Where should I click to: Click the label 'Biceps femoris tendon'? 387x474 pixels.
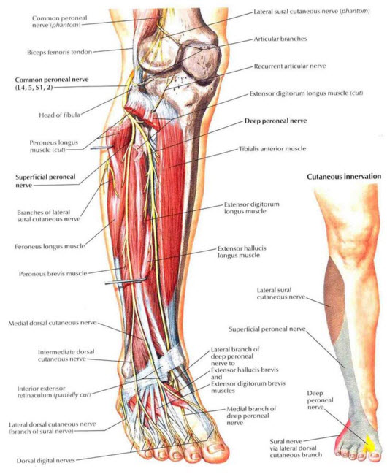pyautogui.click(x=60, y=52)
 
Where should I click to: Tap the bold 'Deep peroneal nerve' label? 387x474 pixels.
pyautogui.click(x=275, y=121)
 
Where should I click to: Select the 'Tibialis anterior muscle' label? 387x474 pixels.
pyautogui.click(x=272, y=148)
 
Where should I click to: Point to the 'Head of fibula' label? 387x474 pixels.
pyautogui.click(x=59, y=115)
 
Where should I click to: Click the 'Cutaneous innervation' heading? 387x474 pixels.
pyautogui.click(x=344, y=176)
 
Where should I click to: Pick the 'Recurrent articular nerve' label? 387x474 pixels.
pyautogui.click(x=290, y=66)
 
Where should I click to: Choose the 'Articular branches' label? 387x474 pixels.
pyautogui.click(x=280, y=39)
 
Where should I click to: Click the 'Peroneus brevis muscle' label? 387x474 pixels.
pyautogui.click(x=53, y=274)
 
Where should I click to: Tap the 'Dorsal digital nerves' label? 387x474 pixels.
pyautogui.click(x=45, y=461)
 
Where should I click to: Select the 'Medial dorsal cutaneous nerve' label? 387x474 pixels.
pyautogui.click(x=53, y=323)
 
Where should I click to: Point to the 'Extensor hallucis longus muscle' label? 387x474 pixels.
pyautogui.click(x=242, y=251)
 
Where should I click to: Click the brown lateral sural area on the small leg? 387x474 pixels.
pyautogui.click(x=333, y=290)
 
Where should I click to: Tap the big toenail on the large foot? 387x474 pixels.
pyautogui.click(x=216, y=447)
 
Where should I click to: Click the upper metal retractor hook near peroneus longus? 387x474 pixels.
pyautogui.click(x=101, y=148)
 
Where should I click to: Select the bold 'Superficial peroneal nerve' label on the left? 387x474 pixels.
pyautogui.click(x=45, y=180)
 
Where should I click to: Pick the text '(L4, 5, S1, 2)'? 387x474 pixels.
pyautogui.click(x=34, y=88)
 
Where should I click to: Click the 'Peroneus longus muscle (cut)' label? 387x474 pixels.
pyautogui.click(x=53, y=146)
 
